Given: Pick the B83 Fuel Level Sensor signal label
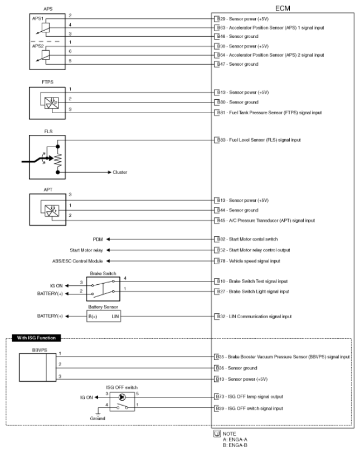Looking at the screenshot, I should coord(257,140).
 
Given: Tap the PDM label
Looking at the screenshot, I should coord(99,239).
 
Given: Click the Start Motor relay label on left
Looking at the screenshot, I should coord(86,250).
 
